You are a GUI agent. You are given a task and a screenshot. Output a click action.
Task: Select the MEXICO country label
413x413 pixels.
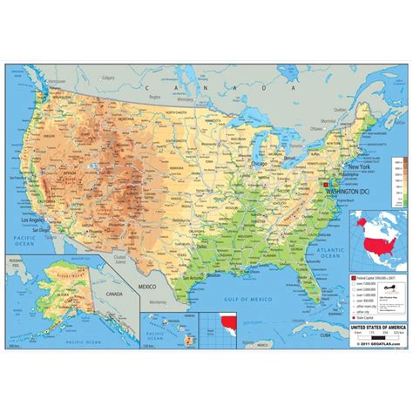[146, 284]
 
